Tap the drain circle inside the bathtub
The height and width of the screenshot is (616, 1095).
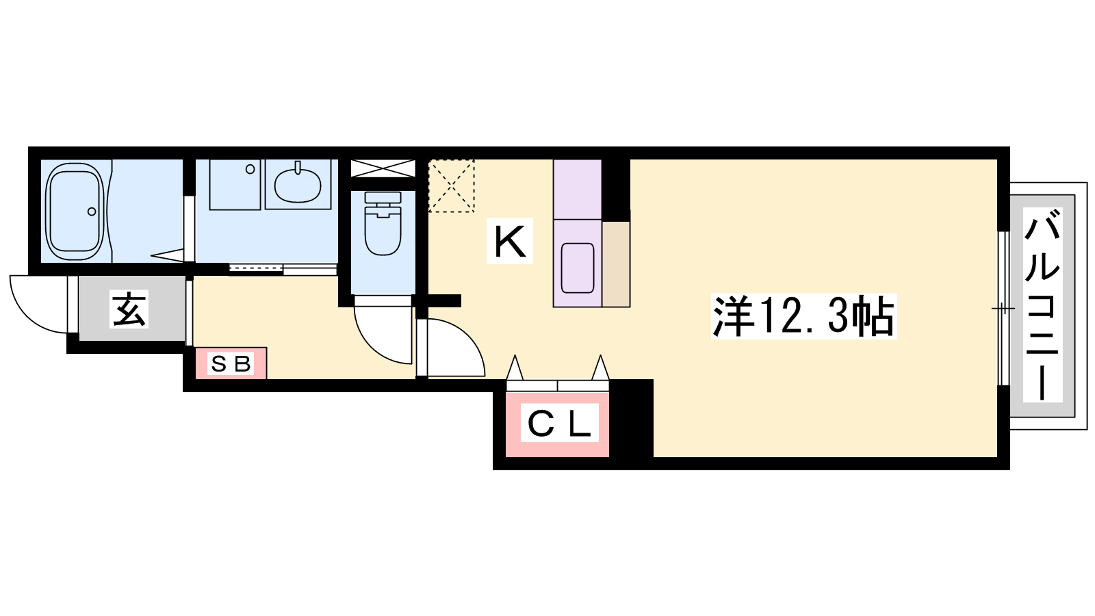click(92, 211)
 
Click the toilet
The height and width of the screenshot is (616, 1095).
click(383, 223)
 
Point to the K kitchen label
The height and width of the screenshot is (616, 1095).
click(509, 241)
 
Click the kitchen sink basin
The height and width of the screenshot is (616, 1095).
click(578, 268)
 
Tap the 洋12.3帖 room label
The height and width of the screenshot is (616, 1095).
click(803, 316)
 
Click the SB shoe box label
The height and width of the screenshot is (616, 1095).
click(231, 363)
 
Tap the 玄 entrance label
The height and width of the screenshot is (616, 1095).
click(129, 309)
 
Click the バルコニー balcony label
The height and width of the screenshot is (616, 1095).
click(1043, 305)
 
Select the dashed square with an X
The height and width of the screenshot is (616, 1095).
click(451, 185)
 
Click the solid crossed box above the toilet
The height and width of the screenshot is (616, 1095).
click(383, 168)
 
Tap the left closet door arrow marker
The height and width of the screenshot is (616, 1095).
click(514, 368)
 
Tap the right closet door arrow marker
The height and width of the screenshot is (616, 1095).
click(600, 368)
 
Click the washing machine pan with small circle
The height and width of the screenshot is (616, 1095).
click(235, 184)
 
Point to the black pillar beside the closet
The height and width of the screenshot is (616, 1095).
click(631, 418)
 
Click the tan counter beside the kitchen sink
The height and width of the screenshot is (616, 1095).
click(616, 264)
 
